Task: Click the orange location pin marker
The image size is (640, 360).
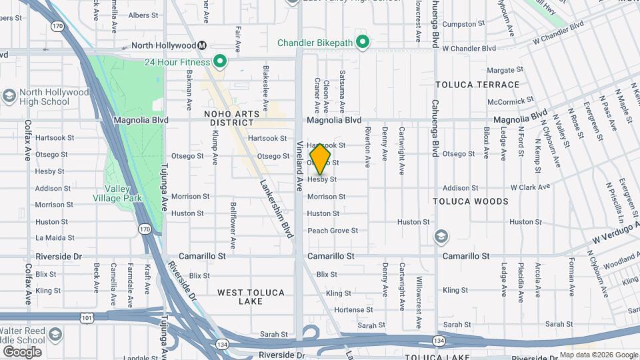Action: tap(321, 159)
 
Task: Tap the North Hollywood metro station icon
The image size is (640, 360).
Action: tap(201, 45)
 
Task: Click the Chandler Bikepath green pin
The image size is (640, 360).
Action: tap(363, 43)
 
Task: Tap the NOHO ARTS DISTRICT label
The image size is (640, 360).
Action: tap(231, 119)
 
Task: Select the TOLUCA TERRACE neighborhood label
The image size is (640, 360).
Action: tap(477, 85)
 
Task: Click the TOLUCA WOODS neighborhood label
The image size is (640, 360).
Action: tap(471, 201)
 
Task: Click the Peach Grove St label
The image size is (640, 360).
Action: tap(333, 231)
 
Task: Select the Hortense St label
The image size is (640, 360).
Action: tap(354, 310)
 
